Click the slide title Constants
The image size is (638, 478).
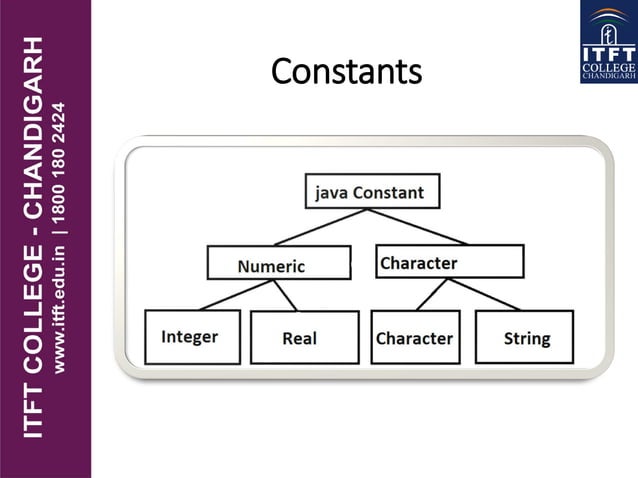point(346,72)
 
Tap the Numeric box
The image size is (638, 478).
point(279,264)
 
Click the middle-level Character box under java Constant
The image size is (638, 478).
point(450,262)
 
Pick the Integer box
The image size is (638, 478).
point(192,336)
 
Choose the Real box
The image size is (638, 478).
point(304,338)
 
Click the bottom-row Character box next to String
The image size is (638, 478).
point(414,338)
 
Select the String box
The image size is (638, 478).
point(525,337)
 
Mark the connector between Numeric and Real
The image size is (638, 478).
point(286,295)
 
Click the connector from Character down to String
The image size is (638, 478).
point(482,294)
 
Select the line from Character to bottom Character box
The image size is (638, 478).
point(431,294)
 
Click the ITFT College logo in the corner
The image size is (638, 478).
point(607,42)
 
